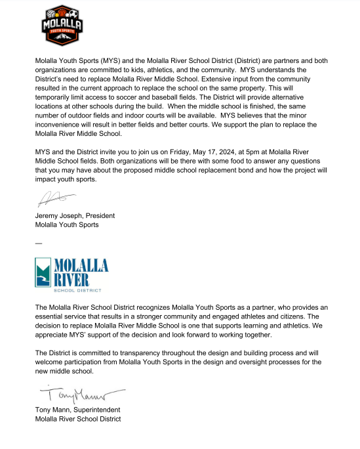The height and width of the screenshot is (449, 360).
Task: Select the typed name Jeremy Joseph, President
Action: coord(75,215)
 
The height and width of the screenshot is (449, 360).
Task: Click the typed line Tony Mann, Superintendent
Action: coord(78,411)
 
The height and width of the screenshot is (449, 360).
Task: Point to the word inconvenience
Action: coord(61,125)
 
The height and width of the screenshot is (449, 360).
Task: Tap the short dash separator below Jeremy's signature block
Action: coord(39,243)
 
